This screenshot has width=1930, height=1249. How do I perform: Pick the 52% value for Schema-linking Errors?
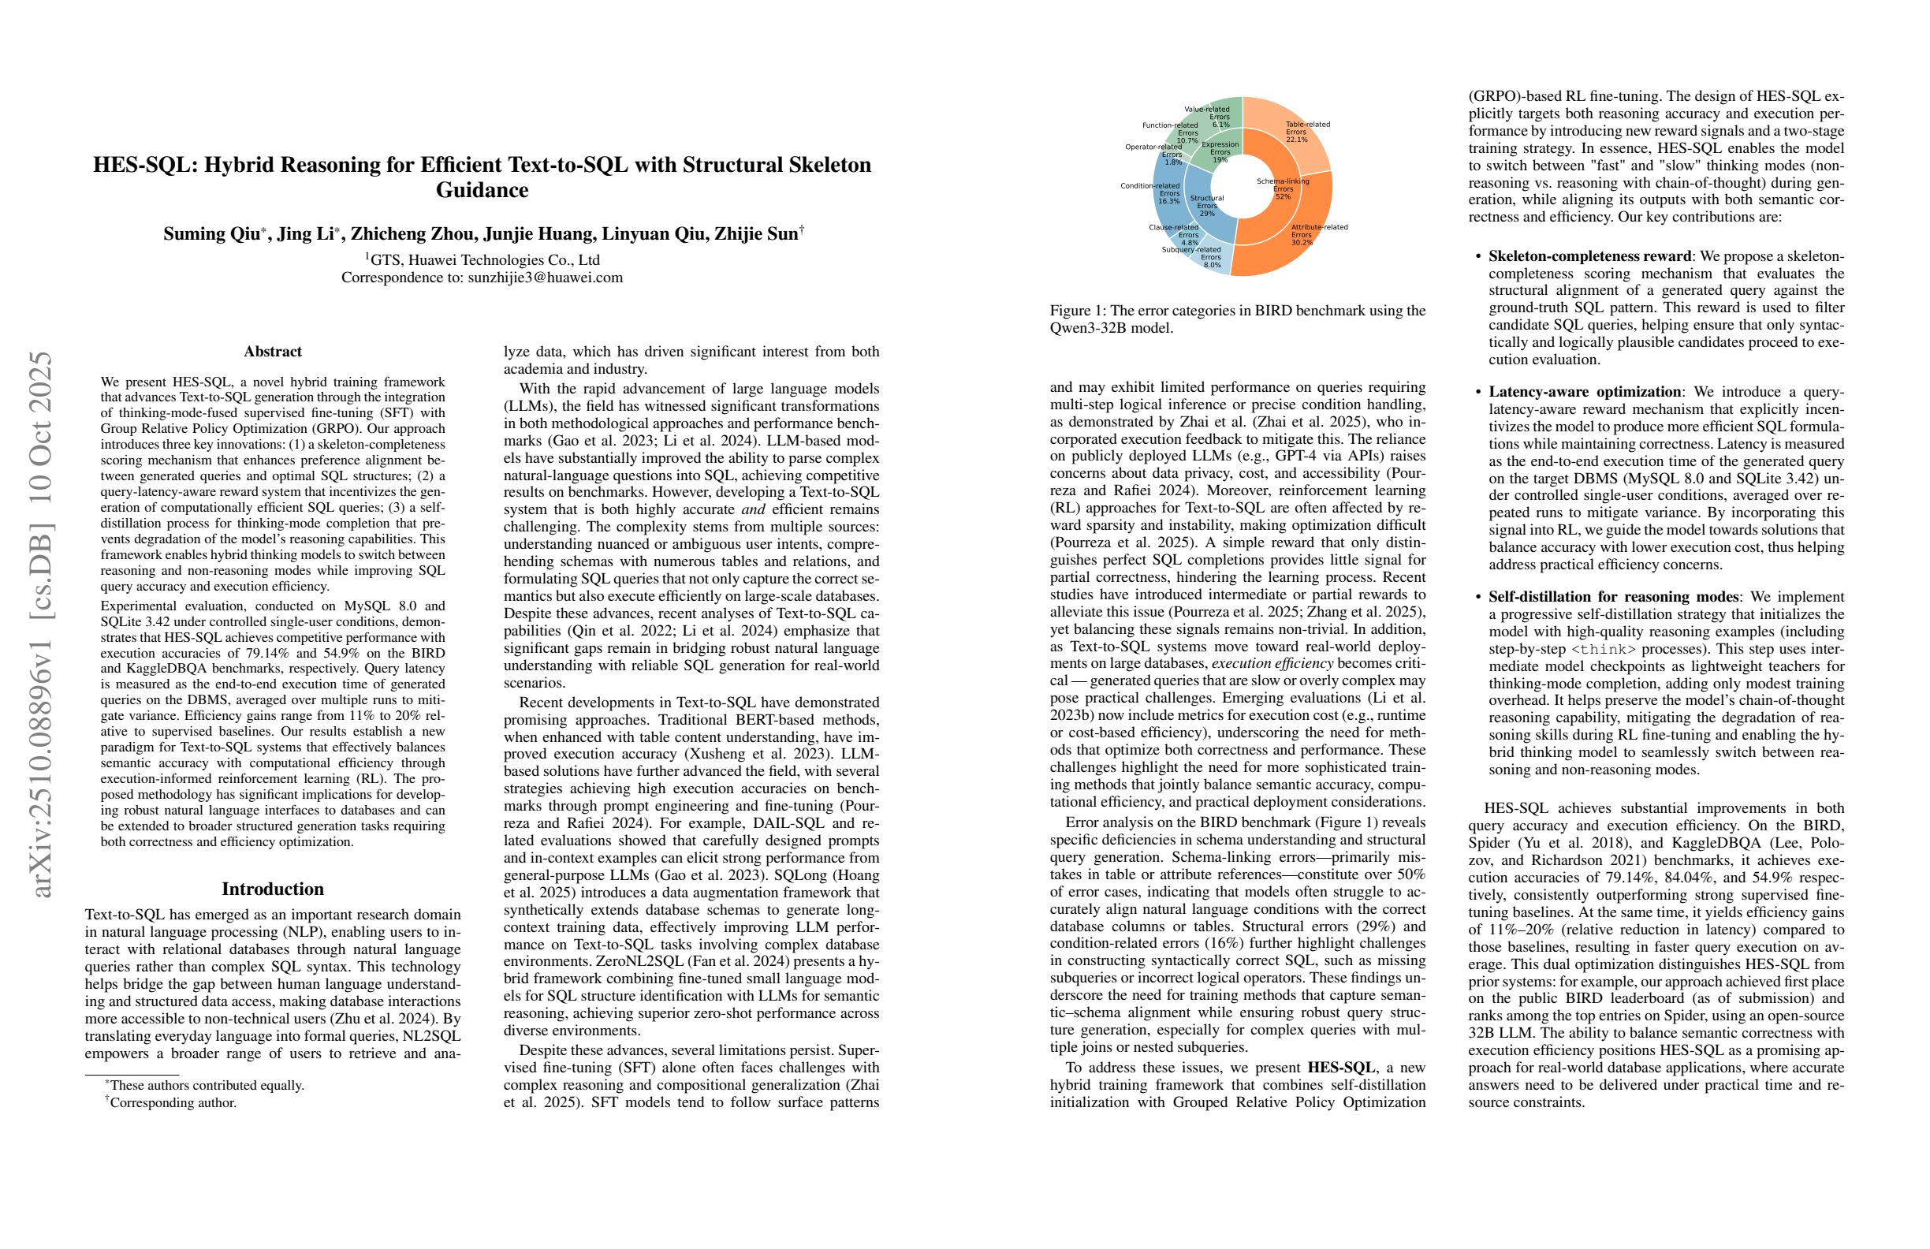[1282, 196]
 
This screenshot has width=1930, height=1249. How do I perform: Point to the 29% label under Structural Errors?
[1207, 214]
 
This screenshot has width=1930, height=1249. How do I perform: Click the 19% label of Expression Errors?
[1220, 160]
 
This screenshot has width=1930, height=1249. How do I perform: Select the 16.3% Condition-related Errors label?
[1168, 201]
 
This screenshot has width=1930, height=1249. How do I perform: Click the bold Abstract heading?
[273, 351]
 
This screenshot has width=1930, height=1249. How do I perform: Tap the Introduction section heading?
[273, 889]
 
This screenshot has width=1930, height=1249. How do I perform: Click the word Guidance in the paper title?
[482, 191]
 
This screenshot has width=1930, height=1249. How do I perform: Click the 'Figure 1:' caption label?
[1076, 311]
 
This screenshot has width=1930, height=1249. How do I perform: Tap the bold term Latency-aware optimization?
[1585, 392]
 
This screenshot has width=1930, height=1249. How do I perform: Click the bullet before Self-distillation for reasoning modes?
[1477, 598]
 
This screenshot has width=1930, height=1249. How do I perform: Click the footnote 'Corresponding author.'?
[173, 1103]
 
